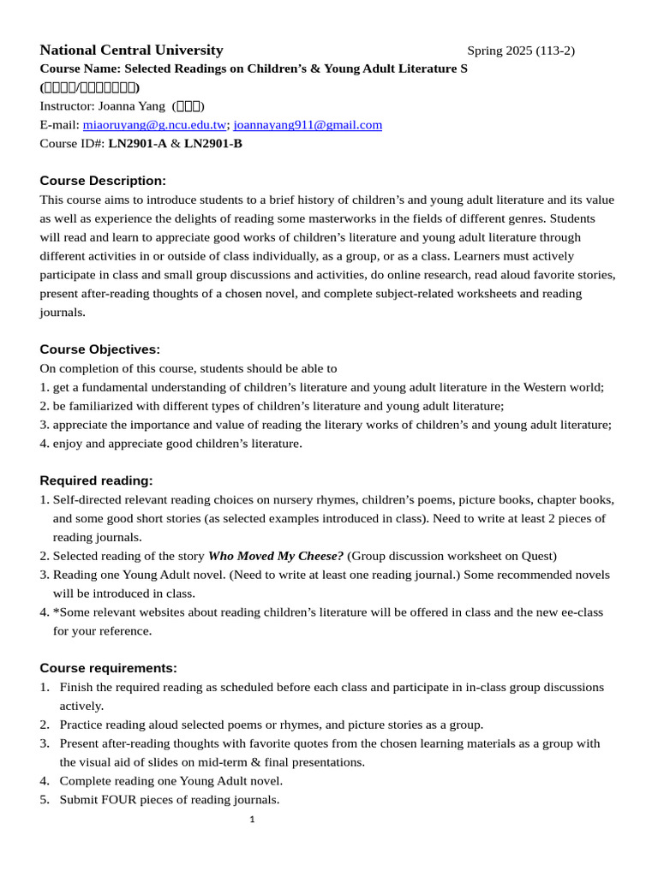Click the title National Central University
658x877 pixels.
(131, 50)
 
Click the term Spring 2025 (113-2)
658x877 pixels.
(521, 51)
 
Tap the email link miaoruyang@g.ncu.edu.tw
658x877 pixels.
(154, 125)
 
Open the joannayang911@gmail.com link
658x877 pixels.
(308, 125)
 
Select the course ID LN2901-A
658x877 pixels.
(137, 144)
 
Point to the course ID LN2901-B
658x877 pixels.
(212, 144)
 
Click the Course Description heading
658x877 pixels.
(103, 181)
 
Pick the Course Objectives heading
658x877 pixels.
(100, 349)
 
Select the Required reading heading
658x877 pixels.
(96, 480)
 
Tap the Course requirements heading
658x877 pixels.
(108, 668)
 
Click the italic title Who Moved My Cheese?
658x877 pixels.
(276, 556)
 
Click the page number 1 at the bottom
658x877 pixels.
(252, 820)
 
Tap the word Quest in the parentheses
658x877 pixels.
(536, 556)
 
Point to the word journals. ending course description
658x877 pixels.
(63, 313)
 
